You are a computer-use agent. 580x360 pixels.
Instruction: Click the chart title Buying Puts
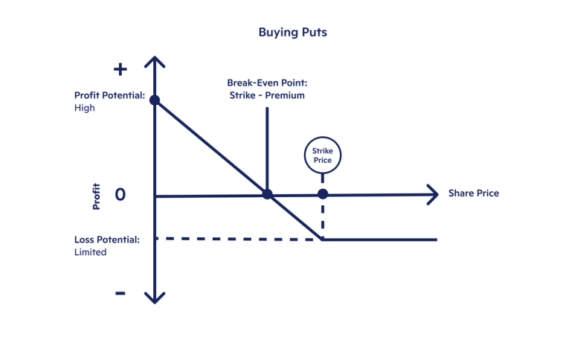tap(289, 32)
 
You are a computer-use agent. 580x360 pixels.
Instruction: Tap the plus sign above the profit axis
tap(120, 69)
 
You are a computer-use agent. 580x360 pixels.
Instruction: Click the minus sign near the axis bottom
tap(120, 293)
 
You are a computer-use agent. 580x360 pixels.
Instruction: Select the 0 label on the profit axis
tap(120, 194)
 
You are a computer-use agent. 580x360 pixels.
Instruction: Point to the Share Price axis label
tap(473, 193)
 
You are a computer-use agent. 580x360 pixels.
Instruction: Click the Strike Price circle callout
tap(322, 155)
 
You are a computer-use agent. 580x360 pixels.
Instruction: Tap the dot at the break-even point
tap(267, 195)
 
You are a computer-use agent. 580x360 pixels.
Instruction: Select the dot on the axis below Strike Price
tap(322, 194)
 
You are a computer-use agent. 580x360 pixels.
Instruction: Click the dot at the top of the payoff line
tap(154, 100)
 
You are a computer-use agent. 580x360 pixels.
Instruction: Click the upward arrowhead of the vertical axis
tap(154, 62)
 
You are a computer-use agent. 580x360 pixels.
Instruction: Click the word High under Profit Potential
tap(85, 108)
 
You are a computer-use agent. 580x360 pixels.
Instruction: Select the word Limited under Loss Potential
tap(91, 252)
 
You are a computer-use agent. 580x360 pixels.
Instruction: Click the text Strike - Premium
tap(266, 95)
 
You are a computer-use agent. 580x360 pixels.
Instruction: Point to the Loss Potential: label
tap(107, 240)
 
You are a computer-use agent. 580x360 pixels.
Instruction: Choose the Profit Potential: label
tap(109, 95)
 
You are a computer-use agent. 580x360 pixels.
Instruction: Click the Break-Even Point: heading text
tap(266, 83)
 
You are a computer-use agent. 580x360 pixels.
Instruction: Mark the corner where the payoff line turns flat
tap(322, 240)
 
